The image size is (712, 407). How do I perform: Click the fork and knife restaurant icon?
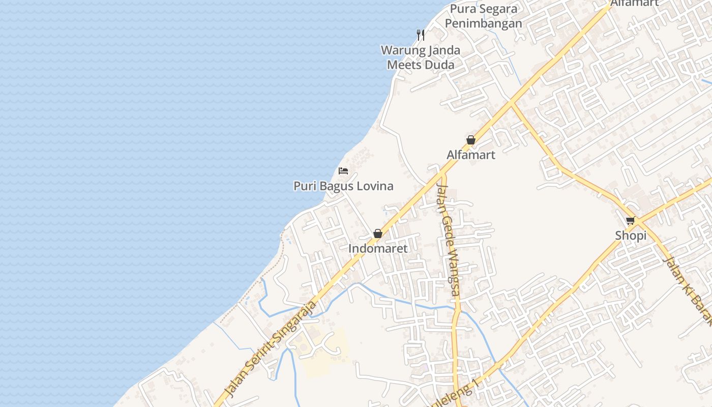coord(421,35)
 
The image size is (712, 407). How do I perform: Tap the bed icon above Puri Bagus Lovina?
coord(343,170)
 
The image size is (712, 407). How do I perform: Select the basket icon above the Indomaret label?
coord(378,234)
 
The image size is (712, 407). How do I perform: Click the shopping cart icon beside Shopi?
coord(631,221)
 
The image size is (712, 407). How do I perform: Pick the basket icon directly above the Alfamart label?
coord(471,140)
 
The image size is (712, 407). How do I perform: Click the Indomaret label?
coord(378,249)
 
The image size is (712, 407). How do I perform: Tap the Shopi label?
coord(631,236)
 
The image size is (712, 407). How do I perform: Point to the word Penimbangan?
coord(483,23)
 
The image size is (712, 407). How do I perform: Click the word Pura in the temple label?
coord(462,9)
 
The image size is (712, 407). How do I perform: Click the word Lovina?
coord(374,186)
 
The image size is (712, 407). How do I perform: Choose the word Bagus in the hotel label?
coord(336,186)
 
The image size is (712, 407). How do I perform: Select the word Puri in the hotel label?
coord(305,186)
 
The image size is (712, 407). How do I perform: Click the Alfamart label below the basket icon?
coord(471,155)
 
